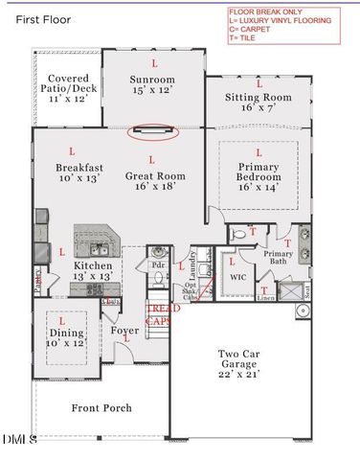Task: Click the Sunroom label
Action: pyautogui.click(x=153, y=84)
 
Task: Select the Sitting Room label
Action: pyautogui.click(x=258, y=103)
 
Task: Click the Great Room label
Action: pyautogui.click(x=151, y=182)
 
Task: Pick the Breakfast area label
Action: pyautogui.click(x=72, y=172)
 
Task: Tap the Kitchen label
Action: pyautogui.click(x=92, y=270)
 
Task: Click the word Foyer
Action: pyautogui.click(x=124, y=331)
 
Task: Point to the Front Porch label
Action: pyautogui.click(x=101, y=408)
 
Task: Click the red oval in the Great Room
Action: pyautogui.click(x=152, y=131)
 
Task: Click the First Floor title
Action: pyautogui.click(x=43, y=17)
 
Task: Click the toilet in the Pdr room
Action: pyautogui.click(x=159, y=278)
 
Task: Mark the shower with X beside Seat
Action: pyautogui.click(x=287, y=289)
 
